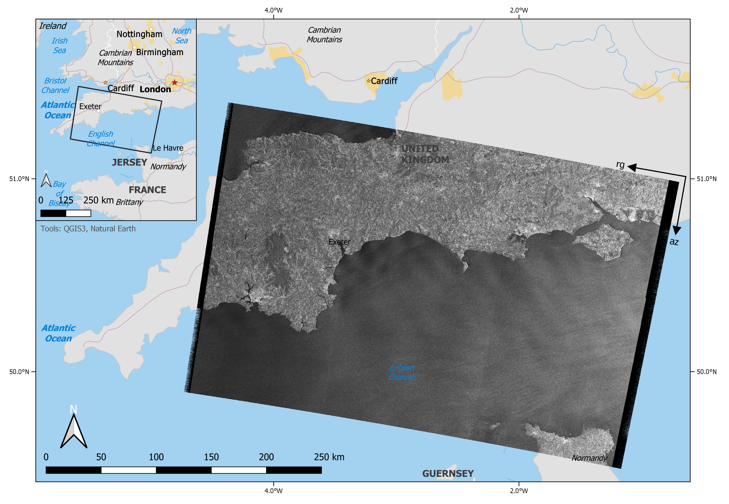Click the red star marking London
(174, 82)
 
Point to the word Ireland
(53, 26)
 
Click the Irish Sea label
(59, 45)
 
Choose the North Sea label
(181, 36)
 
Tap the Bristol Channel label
(55, 85)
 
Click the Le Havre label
(168, 148)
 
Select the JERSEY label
(130, 162)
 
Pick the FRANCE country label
(147, 190)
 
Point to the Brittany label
(129, 202)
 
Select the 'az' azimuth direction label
(674, 242)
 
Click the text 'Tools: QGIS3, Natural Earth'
(88, 229)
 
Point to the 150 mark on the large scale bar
(211, 457)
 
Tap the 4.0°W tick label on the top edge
(273, 10)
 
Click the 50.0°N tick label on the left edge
(19, 372)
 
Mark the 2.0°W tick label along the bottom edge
(519, 491)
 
